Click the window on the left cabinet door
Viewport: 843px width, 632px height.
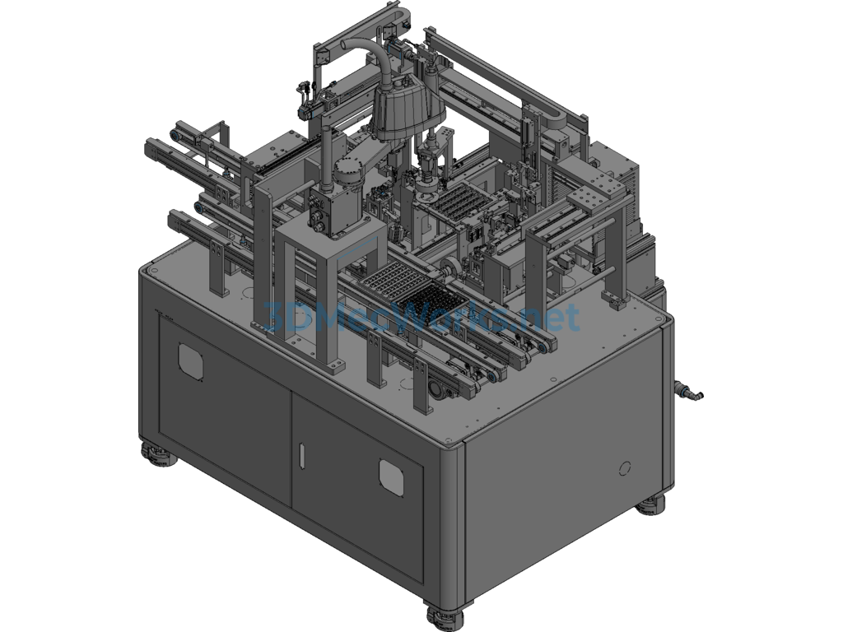191,359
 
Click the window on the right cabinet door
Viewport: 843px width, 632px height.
393,476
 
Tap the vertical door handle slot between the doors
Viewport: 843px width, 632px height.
301,455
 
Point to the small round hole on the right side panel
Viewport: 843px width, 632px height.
624,469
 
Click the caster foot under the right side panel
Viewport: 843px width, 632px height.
652,503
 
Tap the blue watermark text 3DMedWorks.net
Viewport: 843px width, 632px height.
420,318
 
